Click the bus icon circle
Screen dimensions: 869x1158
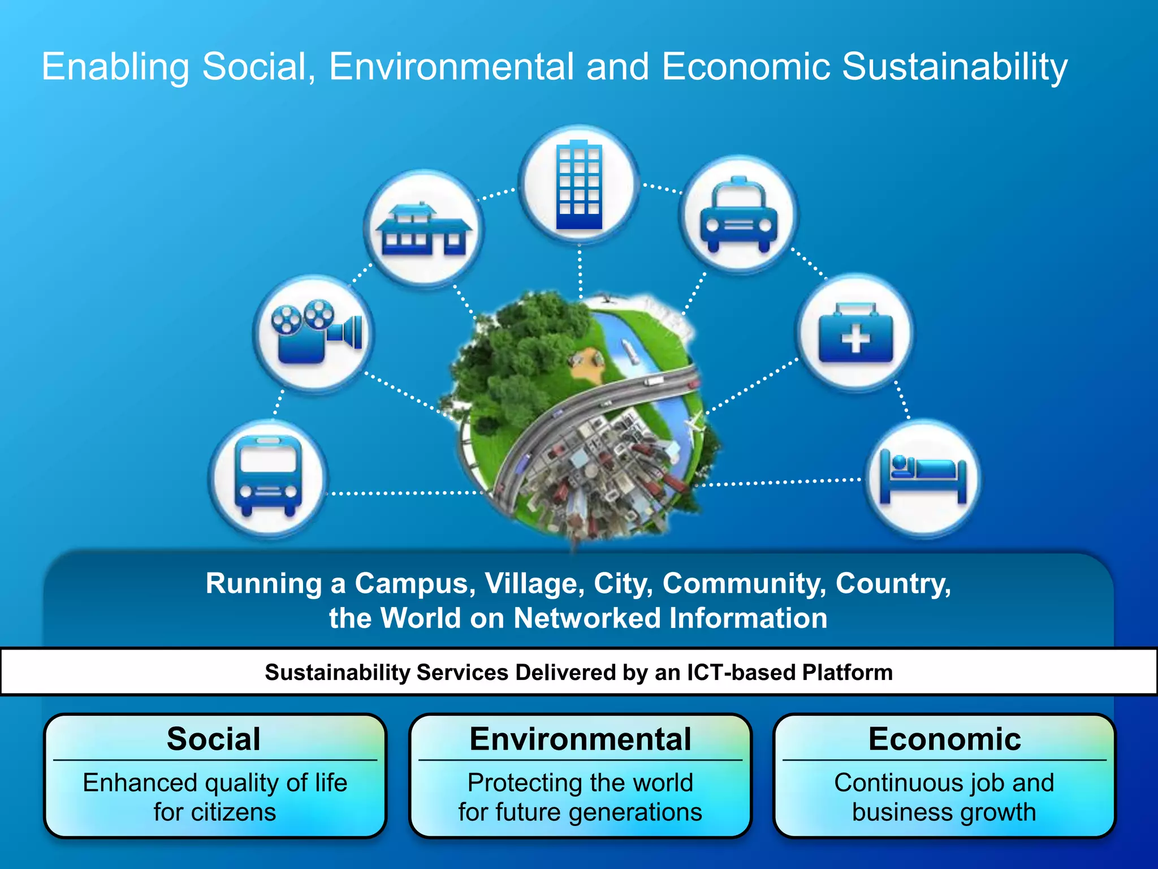click(269, 477)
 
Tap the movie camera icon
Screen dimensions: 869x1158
click(314, 333)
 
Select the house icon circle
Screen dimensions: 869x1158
click(424, 229)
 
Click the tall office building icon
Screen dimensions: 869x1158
click(579, 186)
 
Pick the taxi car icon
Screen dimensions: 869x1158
click(739, 215)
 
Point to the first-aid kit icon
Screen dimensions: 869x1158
click(855, 333)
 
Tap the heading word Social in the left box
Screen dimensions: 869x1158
click(214, 739)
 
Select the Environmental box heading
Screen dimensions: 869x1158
click(580, 739)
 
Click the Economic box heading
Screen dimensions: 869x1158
click(945, 739)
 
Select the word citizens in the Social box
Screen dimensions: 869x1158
click(234, 812)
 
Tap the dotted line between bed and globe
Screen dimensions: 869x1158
click(780, 482)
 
